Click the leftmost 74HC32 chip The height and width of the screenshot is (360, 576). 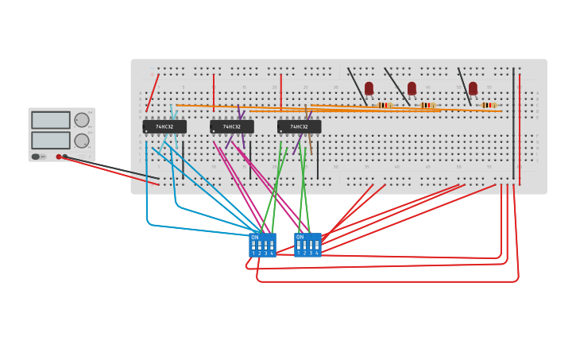(x=164, y=126)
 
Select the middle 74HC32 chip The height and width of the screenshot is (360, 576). (x=232, y=126)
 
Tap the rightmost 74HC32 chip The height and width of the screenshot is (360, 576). (x=300, y=126)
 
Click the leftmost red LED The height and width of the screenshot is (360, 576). (x=369, y=87)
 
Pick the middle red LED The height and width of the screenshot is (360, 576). (x=412, y=87)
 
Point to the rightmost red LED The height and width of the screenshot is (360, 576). (x=473, y=87)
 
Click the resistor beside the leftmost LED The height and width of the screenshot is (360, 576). (x=385, y=105)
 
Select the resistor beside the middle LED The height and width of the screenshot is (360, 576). (x=427, y=105)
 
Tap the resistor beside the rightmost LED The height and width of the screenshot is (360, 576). (x=488, y=105)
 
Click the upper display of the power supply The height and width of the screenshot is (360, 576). (x=51, y=120)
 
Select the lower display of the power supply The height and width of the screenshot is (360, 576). (x=51, y=140)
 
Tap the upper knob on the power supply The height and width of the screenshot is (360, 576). (x=82, y=120)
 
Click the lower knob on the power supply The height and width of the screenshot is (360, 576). (x=82, y=141)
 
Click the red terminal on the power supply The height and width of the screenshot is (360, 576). (x=59, y=157)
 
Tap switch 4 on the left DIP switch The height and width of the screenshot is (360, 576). (x=272, y=246)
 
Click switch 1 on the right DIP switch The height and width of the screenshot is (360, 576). (x=299, y=246)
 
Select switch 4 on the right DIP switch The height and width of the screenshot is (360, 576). (x=316, y=246)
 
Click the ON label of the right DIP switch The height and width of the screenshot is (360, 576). (x=300, y=237)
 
